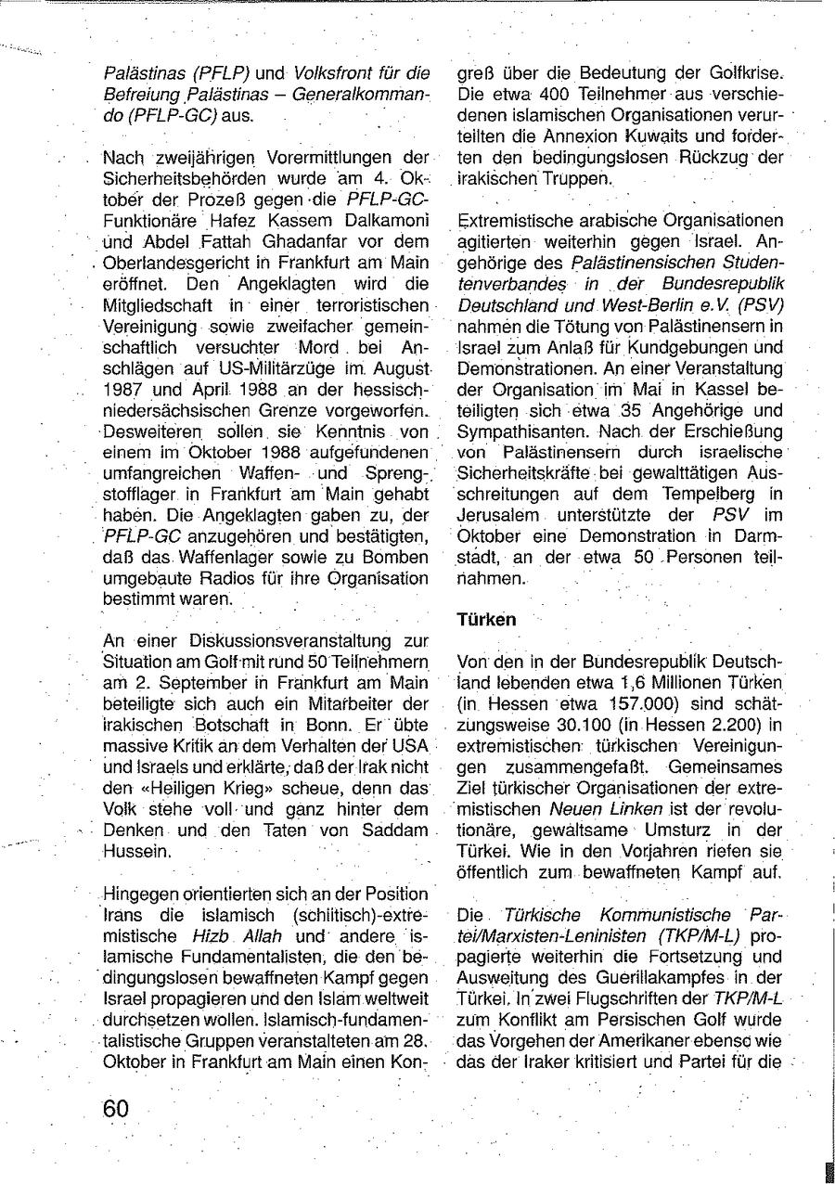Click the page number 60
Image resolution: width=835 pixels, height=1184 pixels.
click(x=117, y=1108)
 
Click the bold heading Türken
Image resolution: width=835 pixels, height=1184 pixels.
click(x=487, y=620)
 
